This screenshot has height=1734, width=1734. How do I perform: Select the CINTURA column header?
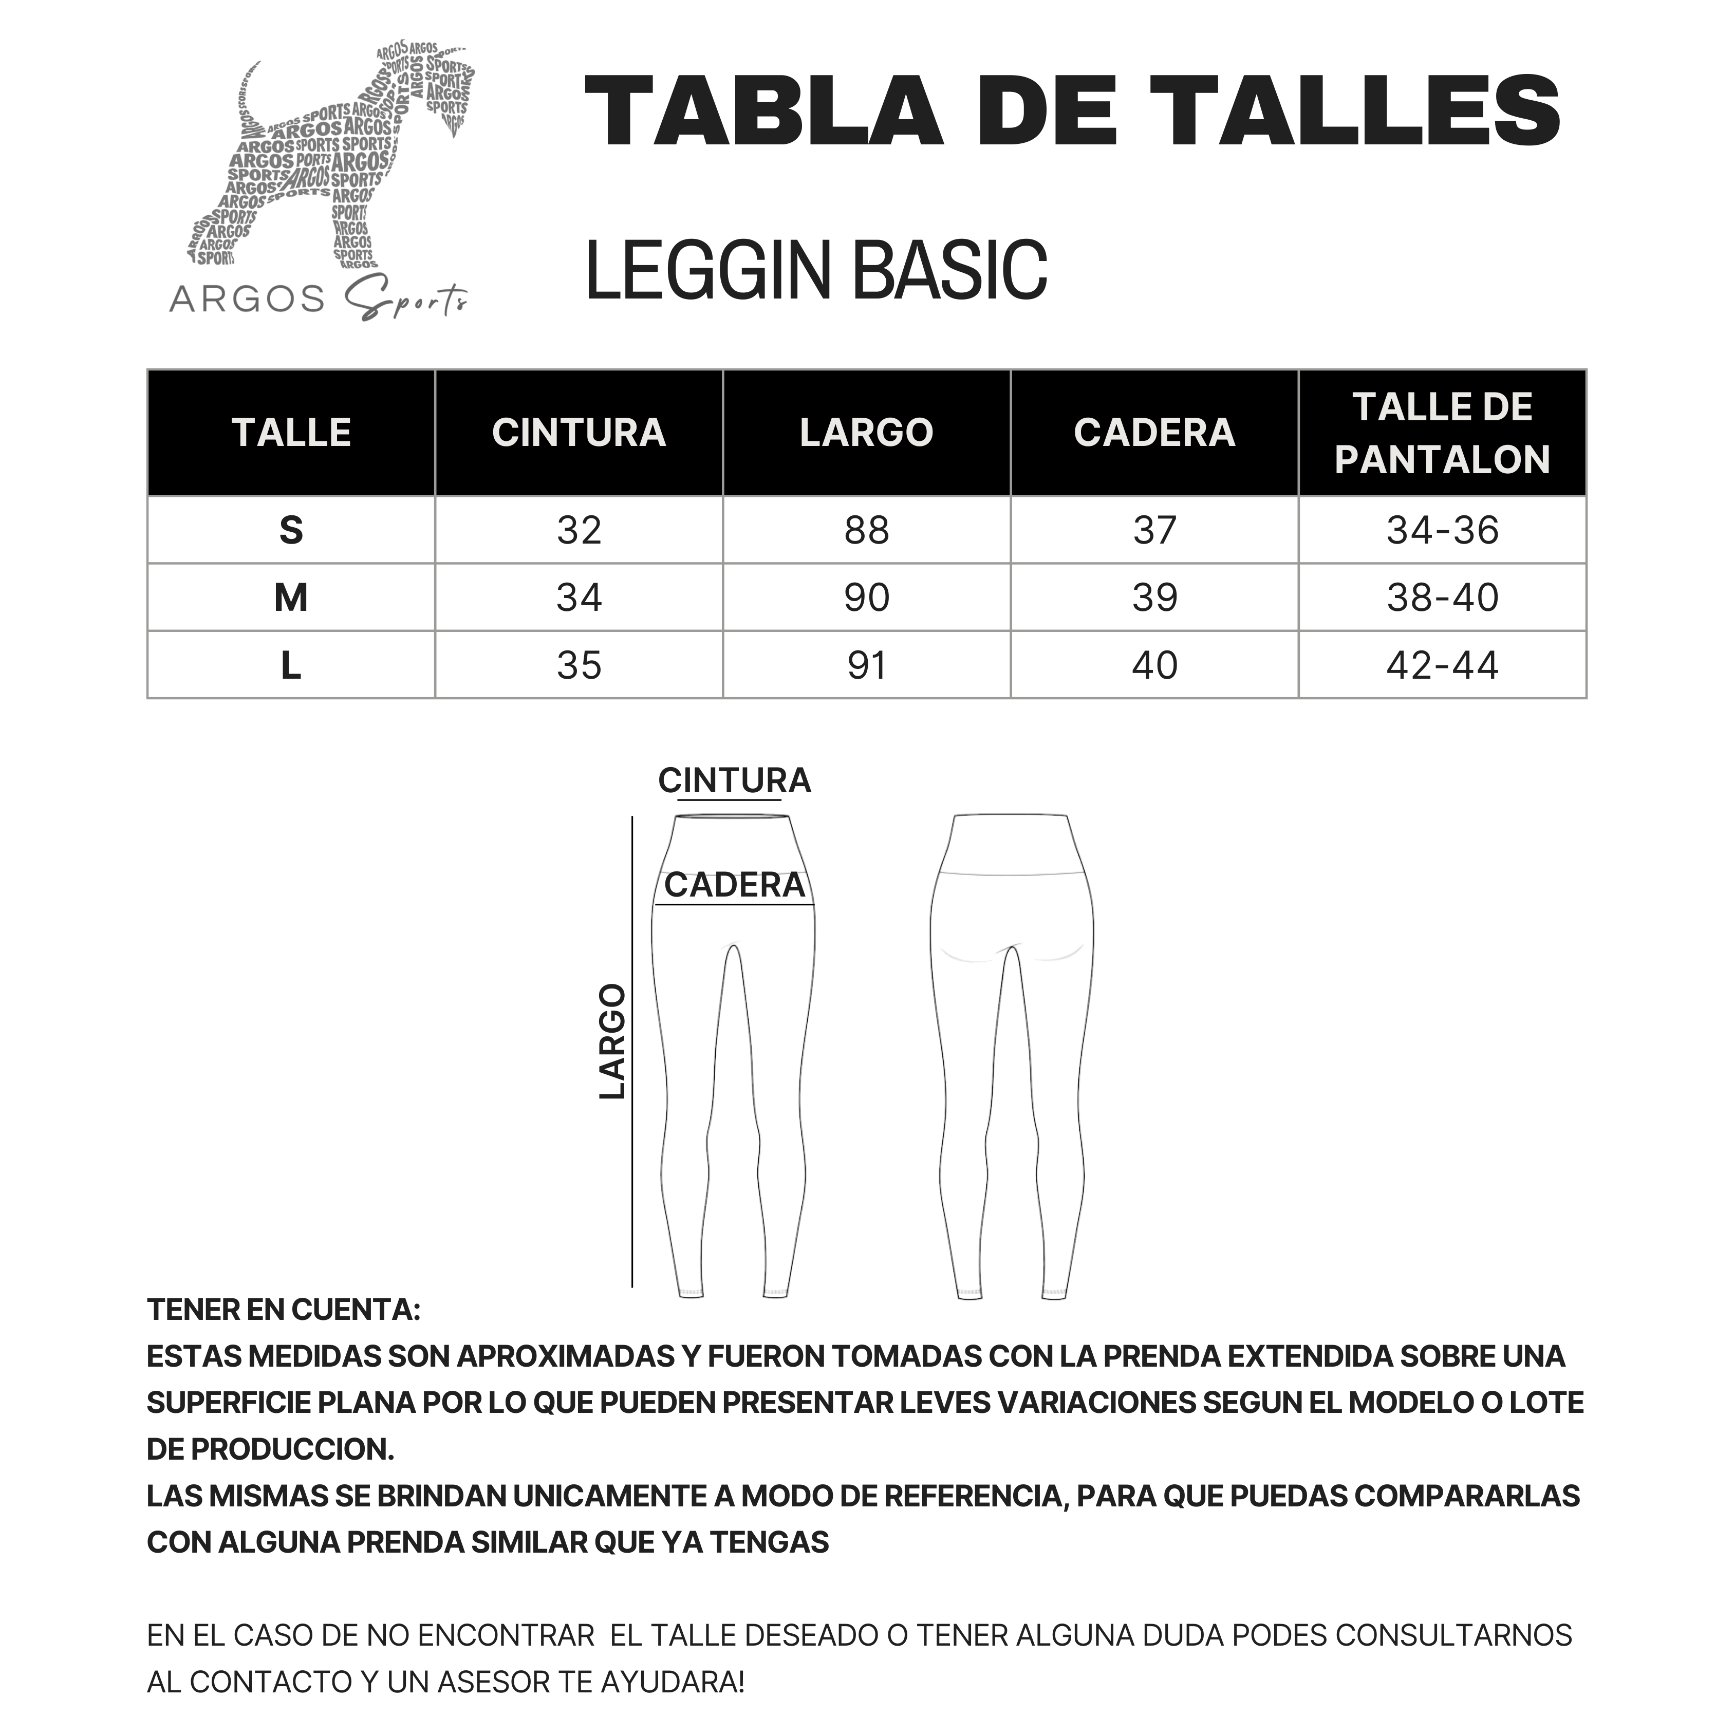[x=579, y=433]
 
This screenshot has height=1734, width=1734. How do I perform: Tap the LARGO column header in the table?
[x=866, y=433]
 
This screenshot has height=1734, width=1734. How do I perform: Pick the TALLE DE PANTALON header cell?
[x=1442, y=433]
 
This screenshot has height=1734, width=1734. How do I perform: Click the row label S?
[x=291, y=530]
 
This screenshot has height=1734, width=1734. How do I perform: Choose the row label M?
[x=291, y=598]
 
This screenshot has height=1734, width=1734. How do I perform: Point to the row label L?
[x=291, y=665]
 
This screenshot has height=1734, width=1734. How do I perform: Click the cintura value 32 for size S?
[x=579, y=530]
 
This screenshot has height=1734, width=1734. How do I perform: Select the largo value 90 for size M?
[x=866, y=598]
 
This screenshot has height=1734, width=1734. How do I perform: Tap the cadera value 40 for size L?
[x=1154, y=665]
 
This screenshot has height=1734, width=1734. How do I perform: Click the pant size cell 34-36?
[x=1442, y=530]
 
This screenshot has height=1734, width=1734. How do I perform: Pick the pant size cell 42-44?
[x=1442, y=665]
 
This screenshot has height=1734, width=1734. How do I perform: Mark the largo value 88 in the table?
[x=866, y=530]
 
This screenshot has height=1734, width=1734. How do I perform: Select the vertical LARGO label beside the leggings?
[x=612, y=1041]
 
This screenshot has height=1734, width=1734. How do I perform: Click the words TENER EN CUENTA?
[x=284, y=1310]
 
